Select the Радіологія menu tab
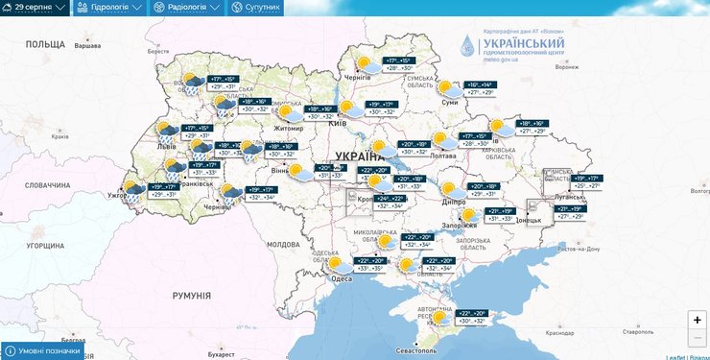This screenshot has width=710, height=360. pos(186,8)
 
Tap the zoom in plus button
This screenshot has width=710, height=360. pos(697,320)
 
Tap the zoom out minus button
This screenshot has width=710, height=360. pos(697,337)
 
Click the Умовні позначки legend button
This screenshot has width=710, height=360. pos(42,351)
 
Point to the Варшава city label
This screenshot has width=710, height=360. pos(87,46)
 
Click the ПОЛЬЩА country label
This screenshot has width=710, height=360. pos(44,44)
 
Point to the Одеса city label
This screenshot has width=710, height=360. pos(342,278)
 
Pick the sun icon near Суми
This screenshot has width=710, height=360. pos(444,87)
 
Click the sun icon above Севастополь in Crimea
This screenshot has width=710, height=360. pos(439,317)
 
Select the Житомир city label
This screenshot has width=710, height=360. pos(262,126)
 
